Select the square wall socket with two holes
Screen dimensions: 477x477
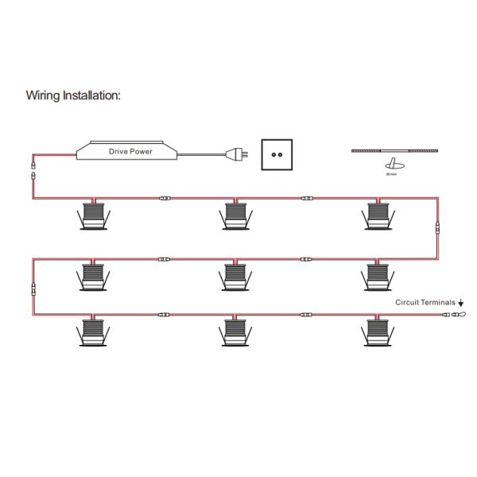coord(277,154)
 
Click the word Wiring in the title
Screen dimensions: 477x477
coord(43,95)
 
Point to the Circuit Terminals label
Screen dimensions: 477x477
coord(426,303)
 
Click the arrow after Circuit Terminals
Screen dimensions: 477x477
coord(461,304)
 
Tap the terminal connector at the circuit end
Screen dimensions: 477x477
coord(456,316)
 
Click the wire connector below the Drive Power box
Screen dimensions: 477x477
coord(33,174)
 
